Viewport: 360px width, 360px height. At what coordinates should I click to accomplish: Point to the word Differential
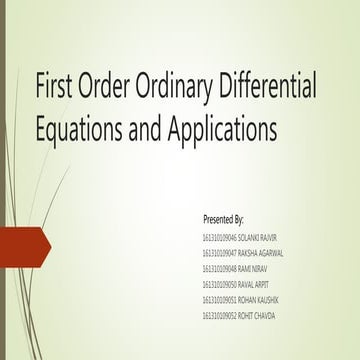pos(273,87)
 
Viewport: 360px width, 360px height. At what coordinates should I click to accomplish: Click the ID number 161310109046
pos(219,237)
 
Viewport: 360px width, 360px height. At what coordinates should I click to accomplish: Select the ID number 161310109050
pos(219,285)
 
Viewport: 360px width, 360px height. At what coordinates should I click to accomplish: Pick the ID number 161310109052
pos(219,316)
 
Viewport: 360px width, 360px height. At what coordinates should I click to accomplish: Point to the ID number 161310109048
pos(219,269)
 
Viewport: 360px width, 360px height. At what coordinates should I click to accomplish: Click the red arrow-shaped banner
pos(30,241)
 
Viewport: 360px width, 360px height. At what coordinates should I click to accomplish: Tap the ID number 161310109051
pos(219,300)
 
